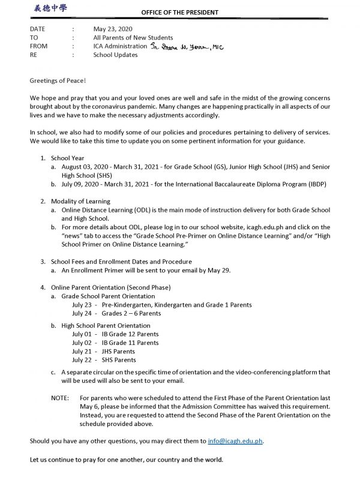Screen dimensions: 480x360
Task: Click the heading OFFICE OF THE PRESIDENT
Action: point(179,12)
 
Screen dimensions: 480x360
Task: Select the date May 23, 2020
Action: point(114,28)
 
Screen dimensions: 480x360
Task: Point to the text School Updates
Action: point(115,55)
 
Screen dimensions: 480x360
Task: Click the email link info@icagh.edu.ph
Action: point(235,441)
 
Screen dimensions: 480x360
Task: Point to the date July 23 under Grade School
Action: point(82,305)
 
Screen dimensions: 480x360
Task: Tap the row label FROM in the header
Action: point(39,46)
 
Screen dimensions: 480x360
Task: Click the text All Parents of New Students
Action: point(133,37)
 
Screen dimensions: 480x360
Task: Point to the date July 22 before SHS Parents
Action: point(82,360)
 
